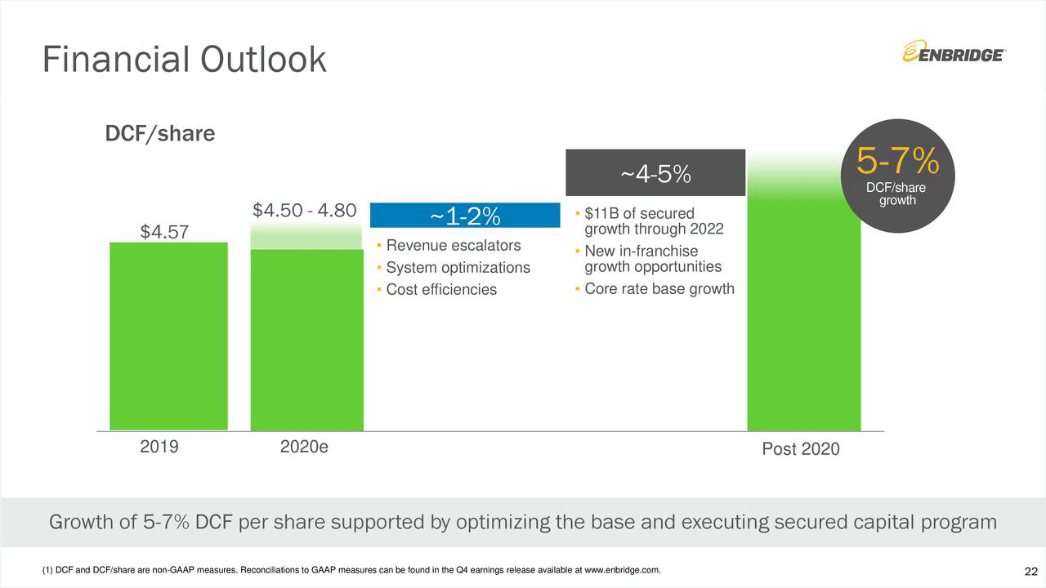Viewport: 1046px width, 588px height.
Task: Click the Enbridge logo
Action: pyautogui.click(x=954, y=54)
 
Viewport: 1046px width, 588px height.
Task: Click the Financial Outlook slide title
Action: pyautogui.click(x=184, y=59)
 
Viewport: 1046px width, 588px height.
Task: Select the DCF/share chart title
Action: pyautogui.click(x=160, y=133)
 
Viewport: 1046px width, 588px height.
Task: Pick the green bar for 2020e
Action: pyautogui.click(x=306, y=339)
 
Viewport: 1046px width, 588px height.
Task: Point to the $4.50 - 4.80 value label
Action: pyautogui.click(x=304, y=210)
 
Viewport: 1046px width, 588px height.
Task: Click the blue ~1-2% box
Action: pyautogui.click(x=464, y=216)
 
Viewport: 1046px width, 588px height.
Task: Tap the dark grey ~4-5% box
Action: pyautogui.click(x=655, y=173)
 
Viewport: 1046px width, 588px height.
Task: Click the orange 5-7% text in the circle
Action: pyautogui.click(x=896, y=162)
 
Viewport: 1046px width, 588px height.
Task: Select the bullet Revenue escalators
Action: pyautogui.click(x=453, y=246)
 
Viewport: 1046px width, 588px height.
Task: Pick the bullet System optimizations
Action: pyautogui.click(x=458, y=268)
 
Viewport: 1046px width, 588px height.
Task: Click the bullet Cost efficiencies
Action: pyautogui.click(x=440, y=290)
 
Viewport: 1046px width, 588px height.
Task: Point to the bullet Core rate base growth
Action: pyautogui.click(x=659, y=289)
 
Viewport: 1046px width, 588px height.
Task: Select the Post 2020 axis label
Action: pyautogui.click(x=800, y=449)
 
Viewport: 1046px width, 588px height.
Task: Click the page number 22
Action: pyautogui.click(x=1030, y=570)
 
